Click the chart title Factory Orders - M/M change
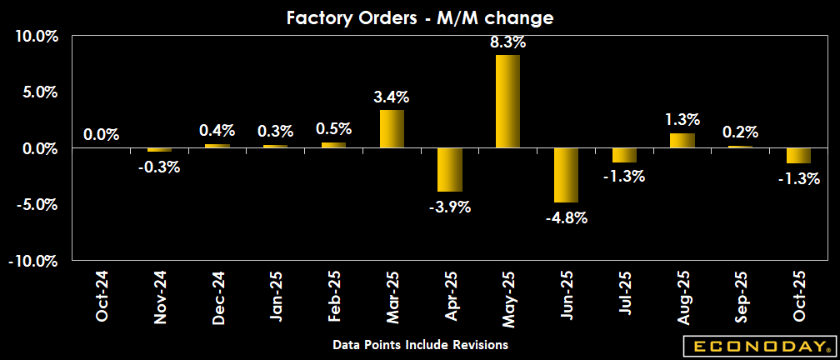click(x=420, y=17)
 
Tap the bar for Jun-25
click(x=566, y=175)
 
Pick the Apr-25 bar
click(x=449, y=170)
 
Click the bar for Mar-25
click(x=392, y=129)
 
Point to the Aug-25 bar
click(x=682, y=141)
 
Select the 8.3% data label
click(x=508, y=42)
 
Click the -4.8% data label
click(x=567, y=218)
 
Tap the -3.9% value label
click(x=450, y=207)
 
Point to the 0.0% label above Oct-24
click(x=102, y=134)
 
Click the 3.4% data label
click(x=392, y=97)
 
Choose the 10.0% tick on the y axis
click(x=34, y=37)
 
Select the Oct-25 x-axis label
click(x=798, y=297)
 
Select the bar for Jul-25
click(x=623, y=155)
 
